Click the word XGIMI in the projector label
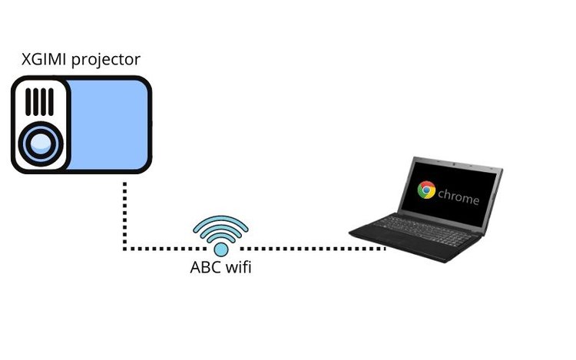pyautogui.click(x=44, y=59)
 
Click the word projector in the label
pyautogui.click(x=106, y=60)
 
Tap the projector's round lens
pyautogui.click(x=41, y=143)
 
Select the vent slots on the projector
pyautogui.click(x=39, y=102)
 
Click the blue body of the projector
pyautogui.click(x=108, y=125)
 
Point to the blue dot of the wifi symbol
pyautogui.click(x=220, y=249)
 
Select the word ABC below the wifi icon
pyautogui.click(x=204, y=267)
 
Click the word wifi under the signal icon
pyautogui.click(x=238, y=267)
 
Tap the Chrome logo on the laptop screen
pyautogui.click(x=426, y=190)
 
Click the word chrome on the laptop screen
pyautogui.click(x=458, y=197)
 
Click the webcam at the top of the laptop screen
pyautogui.click(x=455, y=163)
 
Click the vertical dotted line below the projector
pyautogui.click(x=125, y=216)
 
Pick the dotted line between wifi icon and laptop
pyautogui.click(x=313, y=249)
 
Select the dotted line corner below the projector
pyautogui.click(x=125, y=249)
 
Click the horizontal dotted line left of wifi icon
pyautogui.click(x=164, y=249)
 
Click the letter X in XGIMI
pyautogui.click(x=25, y=59)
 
